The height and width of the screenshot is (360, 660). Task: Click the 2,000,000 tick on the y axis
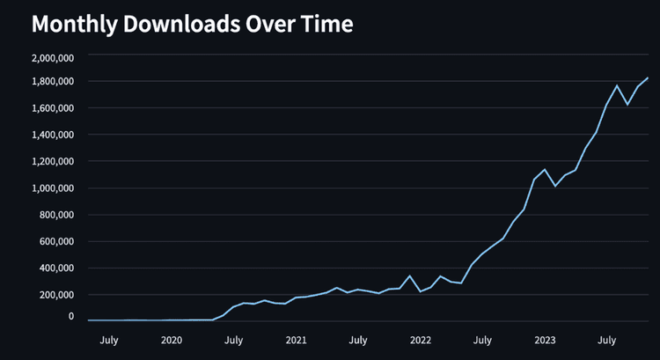coord(52,57)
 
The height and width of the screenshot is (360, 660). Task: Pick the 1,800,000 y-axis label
coord(52,82)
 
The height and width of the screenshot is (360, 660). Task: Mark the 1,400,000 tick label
coord(52,135)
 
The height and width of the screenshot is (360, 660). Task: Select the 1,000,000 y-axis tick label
coord(52,188)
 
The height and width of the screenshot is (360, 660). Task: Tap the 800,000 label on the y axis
coord(57,215)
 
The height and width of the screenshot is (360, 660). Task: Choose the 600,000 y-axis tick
coord(57,241)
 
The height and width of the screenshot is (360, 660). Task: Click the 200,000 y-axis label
coord(57,295)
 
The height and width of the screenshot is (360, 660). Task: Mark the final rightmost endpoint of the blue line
coord(648,78)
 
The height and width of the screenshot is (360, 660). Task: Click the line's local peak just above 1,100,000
coord(546,169)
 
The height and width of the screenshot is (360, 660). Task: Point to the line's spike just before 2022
coord(410,276)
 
